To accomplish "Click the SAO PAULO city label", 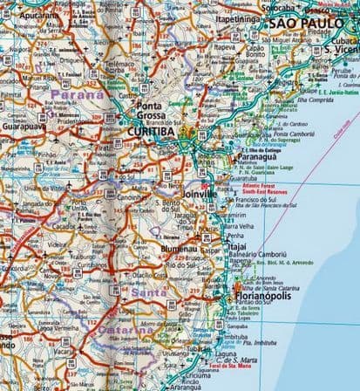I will coord(309,23).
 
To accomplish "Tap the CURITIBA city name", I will coord(153,132).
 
